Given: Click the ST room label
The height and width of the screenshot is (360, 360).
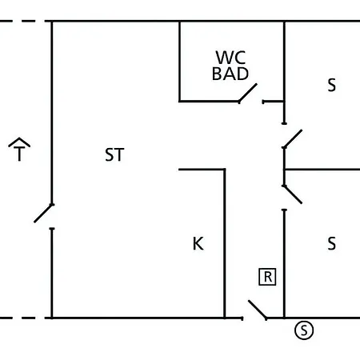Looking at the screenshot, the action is tap(114, 154).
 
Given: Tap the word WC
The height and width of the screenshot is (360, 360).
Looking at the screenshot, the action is tap(230, 58).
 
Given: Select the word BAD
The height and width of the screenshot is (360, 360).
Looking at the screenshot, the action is tap(230, 74).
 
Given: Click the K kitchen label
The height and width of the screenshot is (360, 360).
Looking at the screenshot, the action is tap(198, 243).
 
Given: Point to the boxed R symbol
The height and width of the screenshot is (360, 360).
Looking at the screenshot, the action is tap(267, 277).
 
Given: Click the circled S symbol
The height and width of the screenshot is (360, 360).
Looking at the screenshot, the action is tap(304, 330).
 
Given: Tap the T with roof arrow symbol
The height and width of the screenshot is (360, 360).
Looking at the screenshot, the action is tap(19, 150).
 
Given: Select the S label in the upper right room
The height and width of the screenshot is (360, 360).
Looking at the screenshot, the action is tap(332, 86).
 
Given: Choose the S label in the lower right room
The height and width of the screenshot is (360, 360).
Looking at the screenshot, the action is tap(332, 243).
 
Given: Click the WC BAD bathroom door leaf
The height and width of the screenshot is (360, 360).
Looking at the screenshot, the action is tap(248, 93).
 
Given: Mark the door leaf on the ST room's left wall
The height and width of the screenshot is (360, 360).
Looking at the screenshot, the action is tap(44, 213).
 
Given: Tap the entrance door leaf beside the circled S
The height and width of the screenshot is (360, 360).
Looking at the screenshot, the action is tap(258, 310).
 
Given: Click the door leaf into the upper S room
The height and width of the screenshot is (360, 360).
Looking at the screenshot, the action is tap(293, 138).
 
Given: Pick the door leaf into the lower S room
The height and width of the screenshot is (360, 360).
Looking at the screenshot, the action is tap(293, 194).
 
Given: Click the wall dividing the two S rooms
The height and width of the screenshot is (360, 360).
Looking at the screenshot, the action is tap(322, 170).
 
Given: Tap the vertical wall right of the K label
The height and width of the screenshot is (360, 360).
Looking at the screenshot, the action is tap(225, 243).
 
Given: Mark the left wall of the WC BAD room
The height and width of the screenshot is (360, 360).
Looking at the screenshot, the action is tap(179, 62).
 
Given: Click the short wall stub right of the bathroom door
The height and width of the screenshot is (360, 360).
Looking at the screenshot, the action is tap(273, 102).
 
